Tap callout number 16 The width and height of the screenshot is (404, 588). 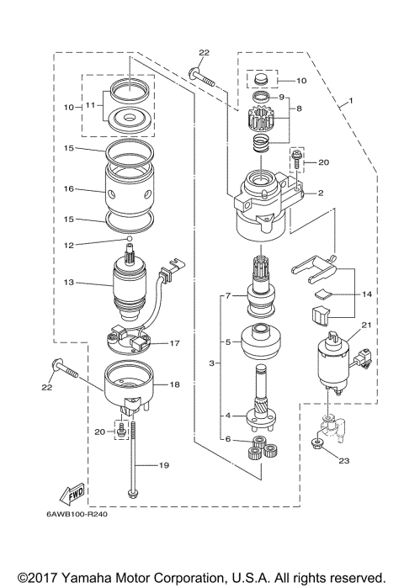[70, 190]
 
